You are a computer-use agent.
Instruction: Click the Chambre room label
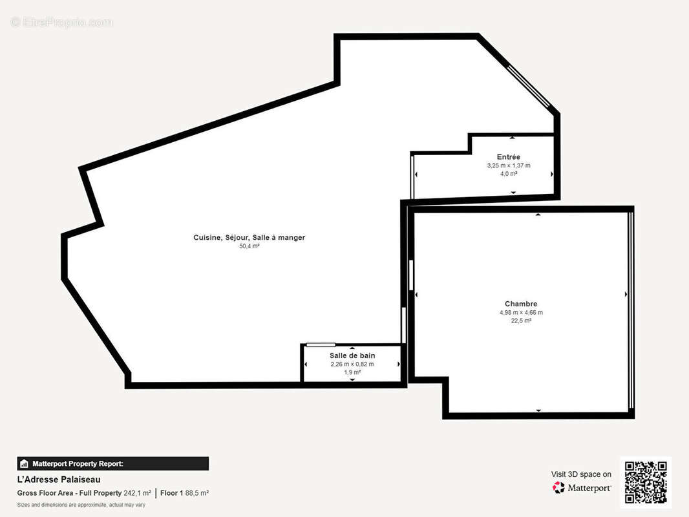[x=521, y=304]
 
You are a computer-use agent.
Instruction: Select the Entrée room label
[x=509, y=157]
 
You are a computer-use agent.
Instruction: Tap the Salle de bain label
[x=352, y=355]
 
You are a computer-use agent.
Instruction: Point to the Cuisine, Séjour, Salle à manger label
[x=249, y=237]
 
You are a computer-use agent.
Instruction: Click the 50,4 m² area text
[x=249, y=246]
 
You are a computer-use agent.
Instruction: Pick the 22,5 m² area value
[x=521, y=321]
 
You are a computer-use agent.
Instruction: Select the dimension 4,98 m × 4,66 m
[x=521, y=312]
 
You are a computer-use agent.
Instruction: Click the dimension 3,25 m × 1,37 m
[x=509, y=165]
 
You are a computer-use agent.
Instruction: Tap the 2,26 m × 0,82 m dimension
[x=352, y=364]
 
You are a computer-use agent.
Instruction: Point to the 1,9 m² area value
[x=352, y=372]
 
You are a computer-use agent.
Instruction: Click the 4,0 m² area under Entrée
[x=509, y=174]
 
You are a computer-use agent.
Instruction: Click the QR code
[x=646, y=482]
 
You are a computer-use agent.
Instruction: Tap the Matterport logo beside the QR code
[x=582, y=487]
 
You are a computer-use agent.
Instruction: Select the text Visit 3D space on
[x=581, y=474]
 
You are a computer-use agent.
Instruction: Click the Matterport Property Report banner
[x=113, y=463]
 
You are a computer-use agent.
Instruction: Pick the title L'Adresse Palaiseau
[x=59, y=480]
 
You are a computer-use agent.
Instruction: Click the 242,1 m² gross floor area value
[x=137, y=493]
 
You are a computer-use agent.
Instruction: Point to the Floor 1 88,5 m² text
[x=185, y=493]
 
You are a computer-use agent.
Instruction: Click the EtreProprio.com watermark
[x=62, y=22]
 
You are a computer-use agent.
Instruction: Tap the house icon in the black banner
[x=24, y=464]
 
